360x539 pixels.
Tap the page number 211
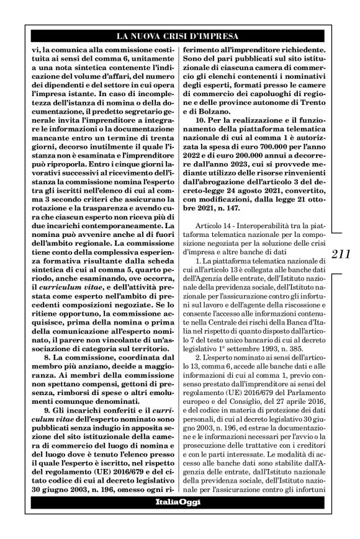(341, 254)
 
